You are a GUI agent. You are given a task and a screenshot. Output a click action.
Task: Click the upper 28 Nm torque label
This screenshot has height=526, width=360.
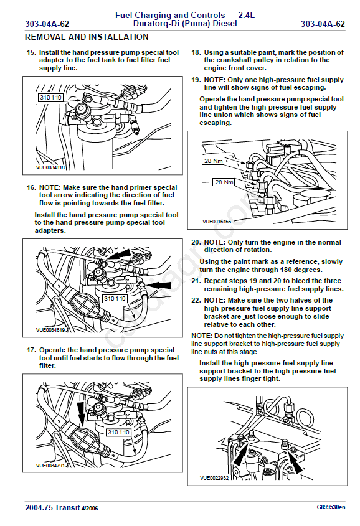click(213, 161)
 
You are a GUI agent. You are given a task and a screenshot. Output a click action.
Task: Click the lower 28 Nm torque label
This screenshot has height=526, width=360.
click(224, 182)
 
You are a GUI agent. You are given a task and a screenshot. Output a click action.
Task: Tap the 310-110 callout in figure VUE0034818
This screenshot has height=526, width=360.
click(50, 98)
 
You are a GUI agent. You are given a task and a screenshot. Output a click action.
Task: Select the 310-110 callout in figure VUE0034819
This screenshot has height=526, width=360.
click(115, 299)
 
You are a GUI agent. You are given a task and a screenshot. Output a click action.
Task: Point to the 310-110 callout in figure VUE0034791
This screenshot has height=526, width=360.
click(118, 433)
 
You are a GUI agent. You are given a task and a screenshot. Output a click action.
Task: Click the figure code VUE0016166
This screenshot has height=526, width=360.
click(217, 222)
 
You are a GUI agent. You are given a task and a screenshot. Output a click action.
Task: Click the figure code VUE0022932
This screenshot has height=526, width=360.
click(214, 478)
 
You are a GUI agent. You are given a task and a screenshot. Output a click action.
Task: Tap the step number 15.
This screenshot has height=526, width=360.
click(31, 53)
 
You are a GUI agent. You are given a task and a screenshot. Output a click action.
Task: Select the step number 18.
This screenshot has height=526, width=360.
click(196, 53)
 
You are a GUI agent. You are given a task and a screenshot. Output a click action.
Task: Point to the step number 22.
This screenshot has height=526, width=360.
click(196, 300)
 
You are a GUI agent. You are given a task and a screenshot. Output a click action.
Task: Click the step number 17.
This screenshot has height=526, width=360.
click(31, 350)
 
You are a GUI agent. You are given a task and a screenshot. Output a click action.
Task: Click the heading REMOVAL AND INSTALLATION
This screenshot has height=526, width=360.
click(87, 37)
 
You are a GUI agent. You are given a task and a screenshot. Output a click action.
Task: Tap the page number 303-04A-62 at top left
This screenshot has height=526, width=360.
click(47, 24)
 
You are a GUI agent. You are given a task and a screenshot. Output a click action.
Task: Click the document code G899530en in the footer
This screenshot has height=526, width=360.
click(331, 507)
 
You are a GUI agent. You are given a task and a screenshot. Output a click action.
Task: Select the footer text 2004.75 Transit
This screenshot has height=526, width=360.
click(52, 507)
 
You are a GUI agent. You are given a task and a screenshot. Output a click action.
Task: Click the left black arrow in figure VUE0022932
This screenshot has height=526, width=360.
click(240, 454)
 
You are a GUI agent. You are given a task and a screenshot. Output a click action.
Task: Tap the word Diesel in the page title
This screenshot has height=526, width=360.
click(225, 24)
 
